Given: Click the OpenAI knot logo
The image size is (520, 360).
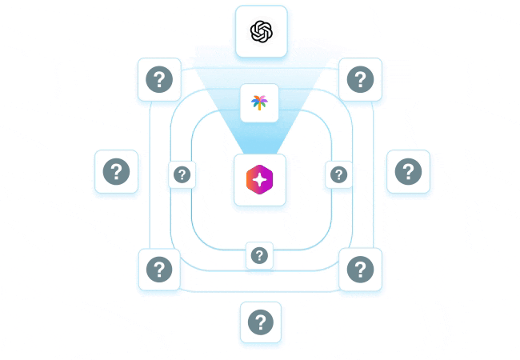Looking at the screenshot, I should (262, 31).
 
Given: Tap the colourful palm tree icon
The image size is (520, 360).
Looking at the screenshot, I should (259, 102).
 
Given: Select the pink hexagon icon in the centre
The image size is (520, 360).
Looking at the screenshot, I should (259, 180).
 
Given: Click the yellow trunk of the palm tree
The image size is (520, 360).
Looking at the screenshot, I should (259, 106).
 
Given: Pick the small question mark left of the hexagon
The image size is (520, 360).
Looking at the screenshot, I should (182, 174).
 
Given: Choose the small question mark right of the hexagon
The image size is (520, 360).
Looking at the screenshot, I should (339, 174).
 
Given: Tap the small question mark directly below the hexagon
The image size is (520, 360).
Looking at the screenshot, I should (259, 255).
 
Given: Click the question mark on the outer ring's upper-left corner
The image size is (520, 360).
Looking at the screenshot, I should (159, 79).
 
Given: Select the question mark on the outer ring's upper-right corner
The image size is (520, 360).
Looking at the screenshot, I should (360, 79).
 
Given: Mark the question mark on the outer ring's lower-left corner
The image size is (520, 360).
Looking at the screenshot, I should (159, 270).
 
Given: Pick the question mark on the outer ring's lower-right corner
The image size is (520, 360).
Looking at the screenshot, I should (360, 270).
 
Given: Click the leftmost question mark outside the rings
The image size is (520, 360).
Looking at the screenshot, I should (116, 171).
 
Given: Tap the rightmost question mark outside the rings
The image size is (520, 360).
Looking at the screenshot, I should (408, 171).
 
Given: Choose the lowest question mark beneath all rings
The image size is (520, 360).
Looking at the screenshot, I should (260, 322).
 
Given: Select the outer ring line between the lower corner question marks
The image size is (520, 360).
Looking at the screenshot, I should (260, 290).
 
